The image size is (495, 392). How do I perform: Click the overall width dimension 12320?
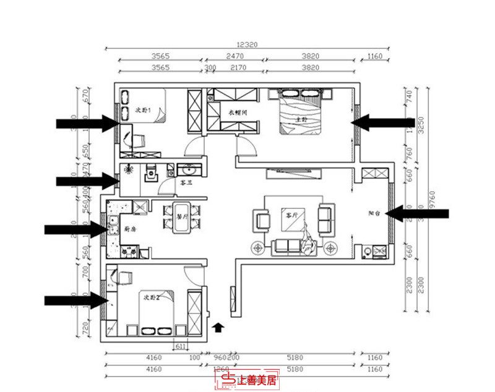(246, 45)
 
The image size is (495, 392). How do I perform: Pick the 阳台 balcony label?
(374, 212)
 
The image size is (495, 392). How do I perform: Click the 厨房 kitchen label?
(130, 229)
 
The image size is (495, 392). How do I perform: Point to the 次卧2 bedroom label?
(152, 298)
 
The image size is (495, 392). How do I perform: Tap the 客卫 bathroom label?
(185, 183)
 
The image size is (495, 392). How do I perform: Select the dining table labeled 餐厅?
(182, 218)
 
